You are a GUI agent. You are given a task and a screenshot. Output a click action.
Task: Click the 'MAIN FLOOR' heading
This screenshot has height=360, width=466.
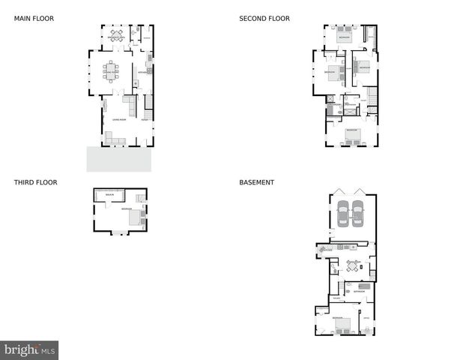point(34,19)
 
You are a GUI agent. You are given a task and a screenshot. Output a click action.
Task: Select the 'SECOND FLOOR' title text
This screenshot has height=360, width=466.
point(264,19)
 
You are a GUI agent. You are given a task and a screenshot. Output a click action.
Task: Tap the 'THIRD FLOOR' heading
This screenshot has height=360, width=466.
point(35,182)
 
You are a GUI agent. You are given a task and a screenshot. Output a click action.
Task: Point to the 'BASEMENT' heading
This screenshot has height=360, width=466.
point(256,182)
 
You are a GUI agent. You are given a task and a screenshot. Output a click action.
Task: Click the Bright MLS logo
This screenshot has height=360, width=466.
point(29,350)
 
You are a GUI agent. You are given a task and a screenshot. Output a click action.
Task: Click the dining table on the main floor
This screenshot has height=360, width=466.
point(111,71)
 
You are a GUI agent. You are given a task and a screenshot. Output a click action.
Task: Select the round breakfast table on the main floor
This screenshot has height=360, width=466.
point(115,35)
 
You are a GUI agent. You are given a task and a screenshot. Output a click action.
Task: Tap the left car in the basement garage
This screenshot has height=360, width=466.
point(343,214)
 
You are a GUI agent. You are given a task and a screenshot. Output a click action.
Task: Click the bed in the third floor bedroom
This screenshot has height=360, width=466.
point(135,217)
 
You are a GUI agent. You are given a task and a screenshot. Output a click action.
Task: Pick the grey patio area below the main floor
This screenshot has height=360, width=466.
point(118,158)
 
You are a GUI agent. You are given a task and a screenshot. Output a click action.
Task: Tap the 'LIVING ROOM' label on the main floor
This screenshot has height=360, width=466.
point(118,119)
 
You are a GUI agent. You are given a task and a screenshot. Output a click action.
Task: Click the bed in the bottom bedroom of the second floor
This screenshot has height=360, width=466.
point(351,136)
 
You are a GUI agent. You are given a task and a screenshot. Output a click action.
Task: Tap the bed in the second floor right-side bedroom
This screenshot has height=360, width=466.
point(363,65)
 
